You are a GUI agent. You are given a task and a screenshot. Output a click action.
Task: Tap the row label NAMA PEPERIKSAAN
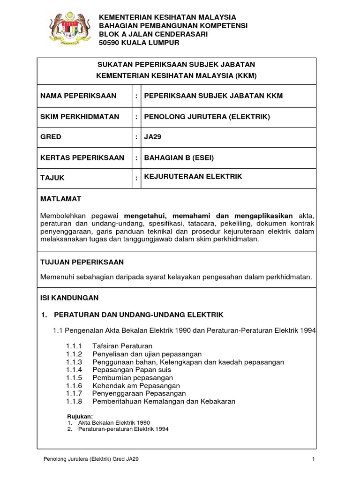[79, 96]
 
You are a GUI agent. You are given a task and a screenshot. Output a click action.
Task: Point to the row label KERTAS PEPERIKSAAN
[83, 157]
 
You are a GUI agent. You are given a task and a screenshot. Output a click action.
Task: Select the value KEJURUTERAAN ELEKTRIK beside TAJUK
[193, 176]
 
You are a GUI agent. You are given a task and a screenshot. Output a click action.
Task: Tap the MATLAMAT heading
[61, 199]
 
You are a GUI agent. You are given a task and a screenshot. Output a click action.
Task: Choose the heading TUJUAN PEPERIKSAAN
[82, 262]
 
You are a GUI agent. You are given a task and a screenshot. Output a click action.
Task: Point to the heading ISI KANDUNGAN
[69, 298]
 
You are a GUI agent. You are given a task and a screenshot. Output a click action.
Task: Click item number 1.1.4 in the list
[74, 370]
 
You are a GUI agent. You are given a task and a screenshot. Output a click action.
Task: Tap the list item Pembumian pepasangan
[133, 377]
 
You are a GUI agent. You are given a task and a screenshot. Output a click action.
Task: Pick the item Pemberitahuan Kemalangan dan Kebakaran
[164, 401]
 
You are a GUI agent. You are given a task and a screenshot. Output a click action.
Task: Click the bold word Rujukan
[81, 416]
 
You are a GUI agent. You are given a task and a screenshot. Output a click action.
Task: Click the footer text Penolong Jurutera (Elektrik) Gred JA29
[90, 459]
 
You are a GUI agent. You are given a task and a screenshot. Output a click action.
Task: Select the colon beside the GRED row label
[136, 137]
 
